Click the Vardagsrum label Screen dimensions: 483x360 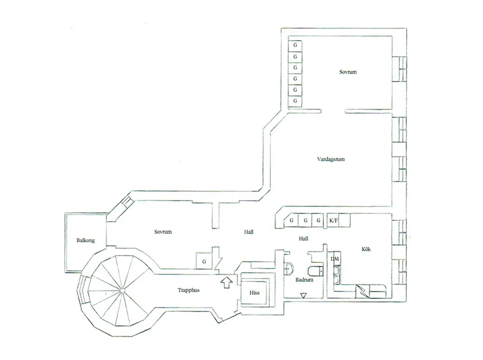(331, 159)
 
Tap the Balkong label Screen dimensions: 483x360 (86, 240)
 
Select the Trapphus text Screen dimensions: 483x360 (188, 290)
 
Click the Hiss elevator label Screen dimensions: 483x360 (255, 293)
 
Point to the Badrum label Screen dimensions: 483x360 (304, 280)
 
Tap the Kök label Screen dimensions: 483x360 (366, 249)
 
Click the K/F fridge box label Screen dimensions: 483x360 (334, 221)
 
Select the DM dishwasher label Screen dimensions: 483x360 (335, 259)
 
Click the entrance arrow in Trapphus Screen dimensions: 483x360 (227, 283)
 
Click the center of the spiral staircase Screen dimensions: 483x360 (123, 290)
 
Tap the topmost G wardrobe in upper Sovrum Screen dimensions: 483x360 (295, 45)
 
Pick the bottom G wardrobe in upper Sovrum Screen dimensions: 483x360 (295, 101)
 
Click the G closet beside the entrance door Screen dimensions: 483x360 (204, 261)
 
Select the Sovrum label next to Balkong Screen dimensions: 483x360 (163, 232)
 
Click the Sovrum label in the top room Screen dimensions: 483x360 (348, 72)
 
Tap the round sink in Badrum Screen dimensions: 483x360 (289, 269)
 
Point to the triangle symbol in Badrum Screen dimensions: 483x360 (304, 295)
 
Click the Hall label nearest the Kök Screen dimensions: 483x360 (304, 239)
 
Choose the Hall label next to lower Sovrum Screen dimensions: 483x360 (248, 232)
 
